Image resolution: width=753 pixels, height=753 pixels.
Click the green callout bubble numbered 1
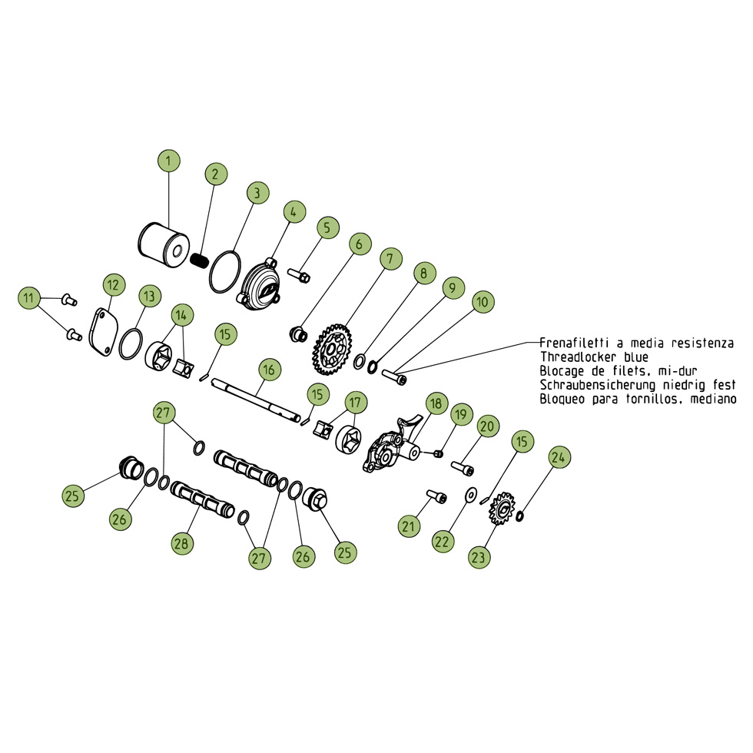coord(168,161)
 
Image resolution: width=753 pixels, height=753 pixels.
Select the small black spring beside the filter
coord(199,260)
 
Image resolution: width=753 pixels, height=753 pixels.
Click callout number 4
coord(294,212)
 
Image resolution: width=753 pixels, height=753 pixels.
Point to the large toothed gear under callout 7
coord(332,350)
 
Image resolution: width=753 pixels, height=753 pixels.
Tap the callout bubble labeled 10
coord(483,302)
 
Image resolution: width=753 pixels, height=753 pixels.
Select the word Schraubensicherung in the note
coord(598,385)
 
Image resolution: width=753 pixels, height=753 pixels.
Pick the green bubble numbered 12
coord(114,285)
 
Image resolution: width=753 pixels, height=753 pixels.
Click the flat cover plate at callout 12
coord(101,332)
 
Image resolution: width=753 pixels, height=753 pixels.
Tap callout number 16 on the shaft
coord(269,370)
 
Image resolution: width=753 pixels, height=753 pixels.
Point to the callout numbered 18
coord(436,403)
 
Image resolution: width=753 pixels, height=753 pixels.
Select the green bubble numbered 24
coord(558,457)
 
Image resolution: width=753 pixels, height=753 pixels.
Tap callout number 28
coord(182,544)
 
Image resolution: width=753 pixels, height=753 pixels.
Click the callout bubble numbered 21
coord(409,527)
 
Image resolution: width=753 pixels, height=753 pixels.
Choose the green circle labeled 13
coord(149,297)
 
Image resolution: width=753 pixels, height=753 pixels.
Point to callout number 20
coord(487,426)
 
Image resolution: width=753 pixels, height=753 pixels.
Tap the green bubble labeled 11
coord(29,298)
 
